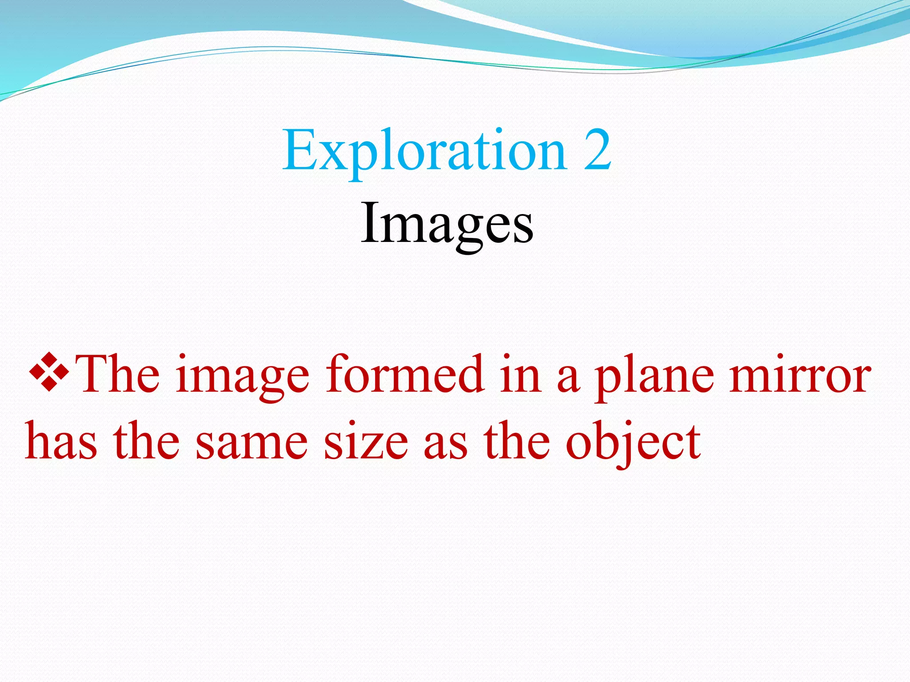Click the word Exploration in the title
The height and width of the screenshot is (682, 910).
click(x=424, y=151)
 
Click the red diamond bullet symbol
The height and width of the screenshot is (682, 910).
click(x=48, y=373)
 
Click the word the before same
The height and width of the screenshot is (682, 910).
click(x=147, y=441)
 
